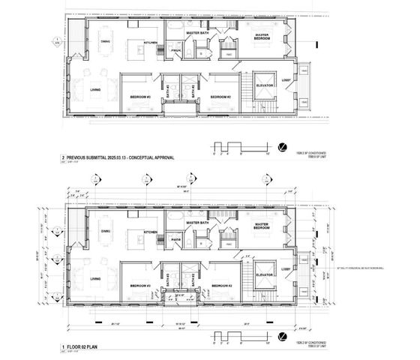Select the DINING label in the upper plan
tap(104, 42)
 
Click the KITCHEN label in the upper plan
tap(151, 43)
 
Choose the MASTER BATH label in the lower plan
tap(198, 223)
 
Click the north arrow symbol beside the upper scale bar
tap(282, 145)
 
